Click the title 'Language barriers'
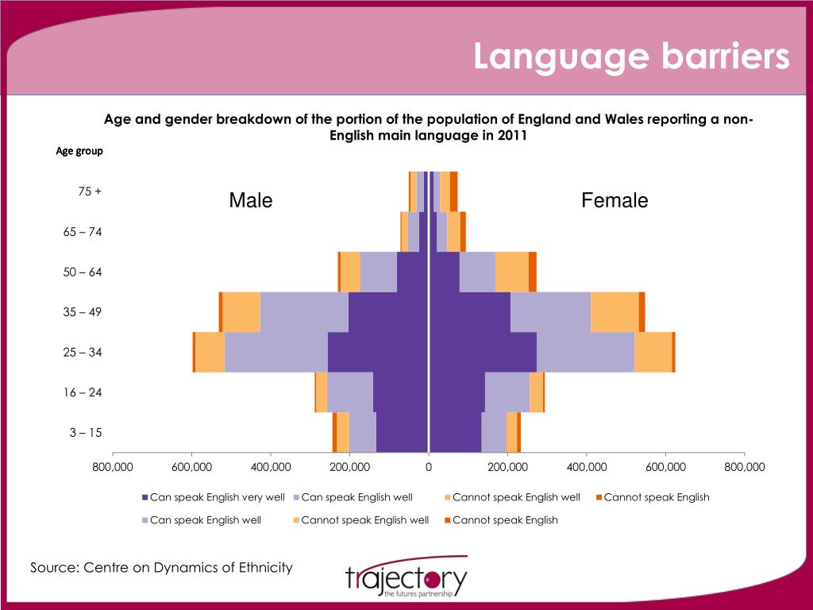(631, 57)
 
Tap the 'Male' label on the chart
(251, 201)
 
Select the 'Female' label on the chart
(615, 201)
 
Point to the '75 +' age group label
(90, 191)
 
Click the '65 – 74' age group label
(83, 232)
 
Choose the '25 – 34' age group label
(83, 352)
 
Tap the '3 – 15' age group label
(86, 433)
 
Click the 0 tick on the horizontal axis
(429, 467)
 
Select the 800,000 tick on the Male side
(113, 467)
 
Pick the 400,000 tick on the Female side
(587, 467)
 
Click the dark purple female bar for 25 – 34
(483, 352)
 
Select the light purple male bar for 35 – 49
(304, 312)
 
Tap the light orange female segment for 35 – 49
(615, 312)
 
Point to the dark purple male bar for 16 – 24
(401, 392)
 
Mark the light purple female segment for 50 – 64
(477, 272)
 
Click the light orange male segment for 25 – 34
(210, 352)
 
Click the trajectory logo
(406, 580)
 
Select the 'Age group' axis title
(79, 150)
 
